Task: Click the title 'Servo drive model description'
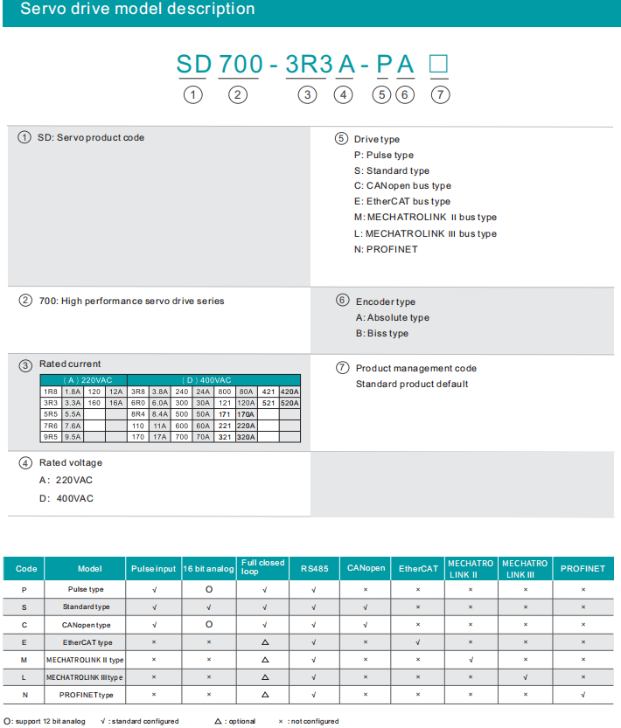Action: point(137,10)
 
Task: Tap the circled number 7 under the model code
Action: point(442,94)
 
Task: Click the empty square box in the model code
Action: point(439,64)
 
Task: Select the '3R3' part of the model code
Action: point(310,64)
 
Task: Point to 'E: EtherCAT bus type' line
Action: point(402,202)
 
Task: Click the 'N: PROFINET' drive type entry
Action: point(386,250)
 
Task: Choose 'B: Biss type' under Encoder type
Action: point(382,334)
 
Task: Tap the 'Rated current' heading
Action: point(70,364)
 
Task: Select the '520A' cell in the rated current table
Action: point(290,404)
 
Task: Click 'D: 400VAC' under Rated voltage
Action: point(66,499)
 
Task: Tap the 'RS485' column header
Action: point(313,569)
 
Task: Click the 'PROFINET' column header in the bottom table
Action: point(583,569)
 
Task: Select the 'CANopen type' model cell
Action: point(85,625)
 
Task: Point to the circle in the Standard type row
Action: point(209,607)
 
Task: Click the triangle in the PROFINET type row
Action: point(264,695)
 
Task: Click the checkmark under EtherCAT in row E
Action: point(418,642)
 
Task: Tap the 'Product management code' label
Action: point(416,369)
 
